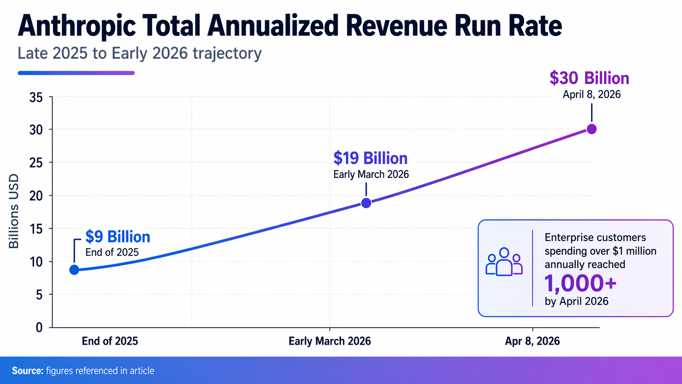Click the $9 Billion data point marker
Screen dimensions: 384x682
[x=74, y=270]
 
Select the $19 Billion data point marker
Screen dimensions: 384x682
[x=366, y=203]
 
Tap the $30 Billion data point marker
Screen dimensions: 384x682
[x=591, y=129]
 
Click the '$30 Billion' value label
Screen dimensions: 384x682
[x=589, y=78]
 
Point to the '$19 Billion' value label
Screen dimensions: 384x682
[x=370, y=158]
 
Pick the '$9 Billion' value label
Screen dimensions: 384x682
[x=117, y=237]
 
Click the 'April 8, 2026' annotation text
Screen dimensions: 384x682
[x=591, y=95]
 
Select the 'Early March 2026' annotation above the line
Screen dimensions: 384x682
[x=371, y=175]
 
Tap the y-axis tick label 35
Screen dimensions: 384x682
[x=36, y=98]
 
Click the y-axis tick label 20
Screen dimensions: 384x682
[x=36, y=196]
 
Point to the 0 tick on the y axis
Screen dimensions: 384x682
[x=39, y=327]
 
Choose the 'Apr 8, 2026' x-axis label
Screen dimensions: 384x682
[x=532, y=341]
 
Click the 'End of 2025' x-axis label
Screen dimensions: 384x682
[x=110, y=341]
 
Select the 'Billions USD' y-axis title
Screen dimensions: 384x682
[x=14, y=211]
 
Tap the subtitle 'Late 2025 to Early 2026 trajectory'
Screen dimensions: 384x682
[x=139, y=53]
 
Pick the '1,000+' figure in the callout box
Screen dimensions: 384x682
[x=580, y=284]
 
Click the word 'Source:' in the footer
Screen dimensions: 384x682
[x=27, y=371]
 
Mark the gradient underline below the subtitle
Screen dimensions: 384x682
[x=76, y=73]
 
